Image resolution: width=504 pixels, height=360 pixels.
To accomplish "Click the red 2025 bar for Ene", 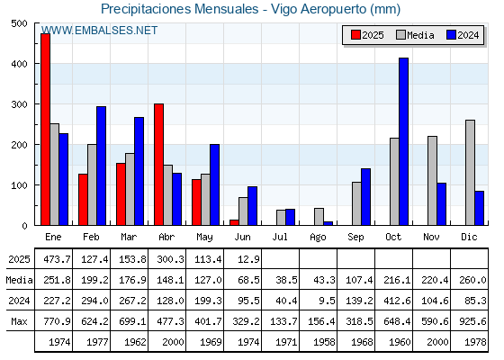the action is click(45, 130).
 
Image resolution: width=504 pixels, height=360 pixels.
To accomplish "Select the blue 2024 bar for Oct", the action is click(404, 141).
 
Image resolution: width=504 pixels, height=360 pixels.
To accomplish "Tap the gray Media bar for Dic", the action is click(470, 173).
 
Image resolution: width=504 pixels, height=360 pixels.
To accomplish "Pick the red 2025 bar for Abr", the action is click(158, 165).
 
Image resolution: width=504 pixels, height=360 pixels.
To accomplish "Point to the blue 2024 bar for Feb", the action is click(101, 166).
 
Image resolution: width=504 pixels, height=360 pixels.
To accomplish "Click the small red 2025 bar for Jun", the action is click(234, 222).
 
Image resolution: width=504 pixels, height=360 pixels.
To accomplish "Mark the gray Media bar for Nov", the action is click(432, 181).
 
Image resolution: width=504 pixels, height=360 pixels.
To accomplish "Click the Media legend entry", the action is click(415, 35).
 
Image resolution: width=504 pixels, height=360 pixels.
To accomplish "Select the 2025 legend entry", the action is click(367, 35).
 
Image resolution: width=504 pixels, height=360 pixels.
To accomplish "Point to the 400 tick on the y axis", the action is click(19, 64).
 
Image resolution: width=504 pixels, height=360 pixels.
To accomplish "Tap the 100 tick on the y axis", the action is click(19, 185).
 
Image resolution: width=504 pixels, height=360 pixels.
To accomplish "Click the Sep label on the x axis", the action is click(355, 237).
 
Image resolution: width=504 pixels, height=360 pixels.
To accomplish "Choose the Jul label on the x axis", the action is click(280, 237).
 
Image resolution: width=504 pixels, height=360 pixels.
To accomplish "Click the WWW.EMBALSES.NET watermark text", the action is click(99, 31).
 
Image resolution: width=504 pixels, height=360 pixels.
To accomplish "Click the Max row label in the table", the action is click(19, 321).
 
